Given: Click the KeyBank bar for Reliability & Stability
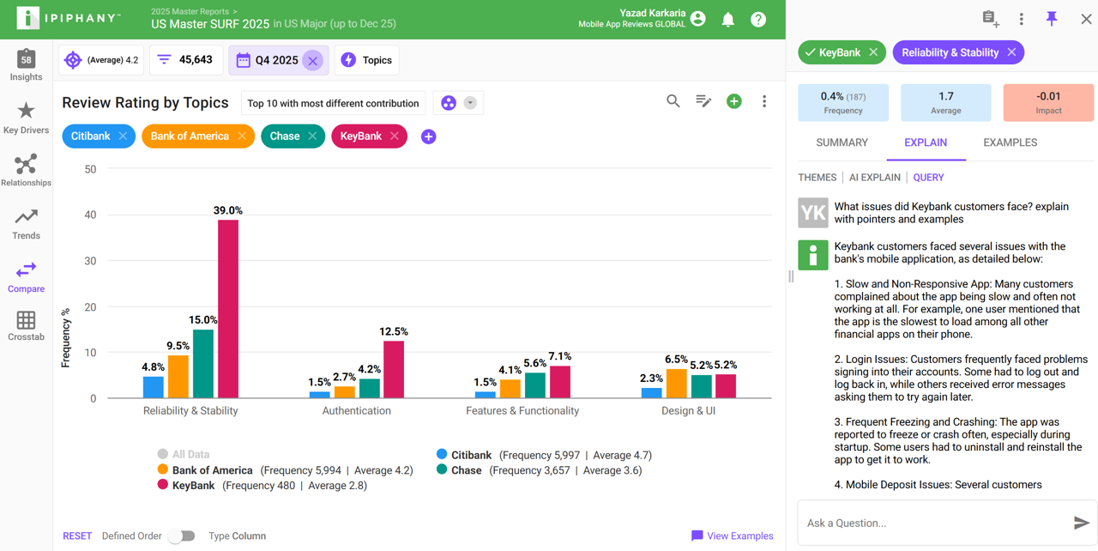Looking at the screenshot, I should (x=228, y=309).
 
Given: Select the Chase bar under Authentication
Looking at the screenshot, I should (x=370, y=389).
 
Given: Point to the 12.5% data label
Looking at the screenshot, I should (x=395, y=331).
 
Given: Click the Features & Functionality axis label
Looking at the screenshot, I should (x=522, y=411).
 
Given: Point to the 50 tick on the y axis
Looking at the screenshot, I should (x=90, y=170).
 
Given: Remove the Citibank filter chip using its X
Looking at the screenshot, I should (x=124, y=136).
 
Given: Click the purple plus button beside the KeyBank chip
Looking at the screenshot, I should (x=428, y=136).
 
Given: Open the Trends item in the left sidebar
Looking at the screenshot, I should (x=26, y=223).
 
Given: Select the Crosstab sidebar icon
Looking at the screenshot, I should (x=26, y=326).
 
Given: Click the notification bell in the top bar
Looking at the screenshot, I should (x=727, y=19).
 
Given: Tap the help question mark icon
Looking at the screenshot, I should (x=758, y=19).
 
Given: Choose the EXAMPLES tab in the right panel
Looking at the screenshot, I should (x=1010, y=142).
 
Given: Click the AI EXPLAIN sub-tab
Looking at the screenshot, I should (x=874, y=178).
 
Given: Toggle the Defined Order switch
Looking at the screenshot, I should (x=181, y=536).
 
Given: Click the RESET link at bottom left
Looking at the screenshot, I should (x=77, y=536).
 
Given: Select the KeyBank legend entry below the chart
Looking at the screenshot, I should (x=193, y=486).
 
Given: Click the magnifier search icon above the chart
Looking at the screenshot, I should (x=673, y=101).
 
